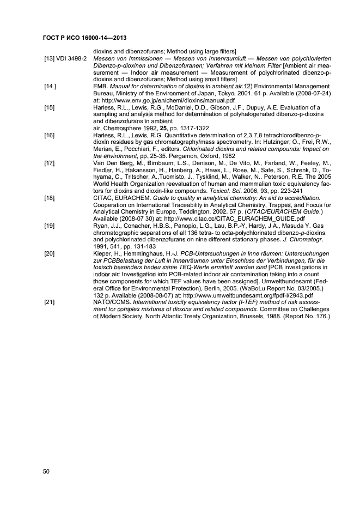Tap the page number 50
tap(47, 472)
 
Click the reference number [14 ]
tap(51, 86)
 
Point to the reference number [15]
tap(50, 107)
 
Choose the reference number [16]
tap(50, 134)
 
